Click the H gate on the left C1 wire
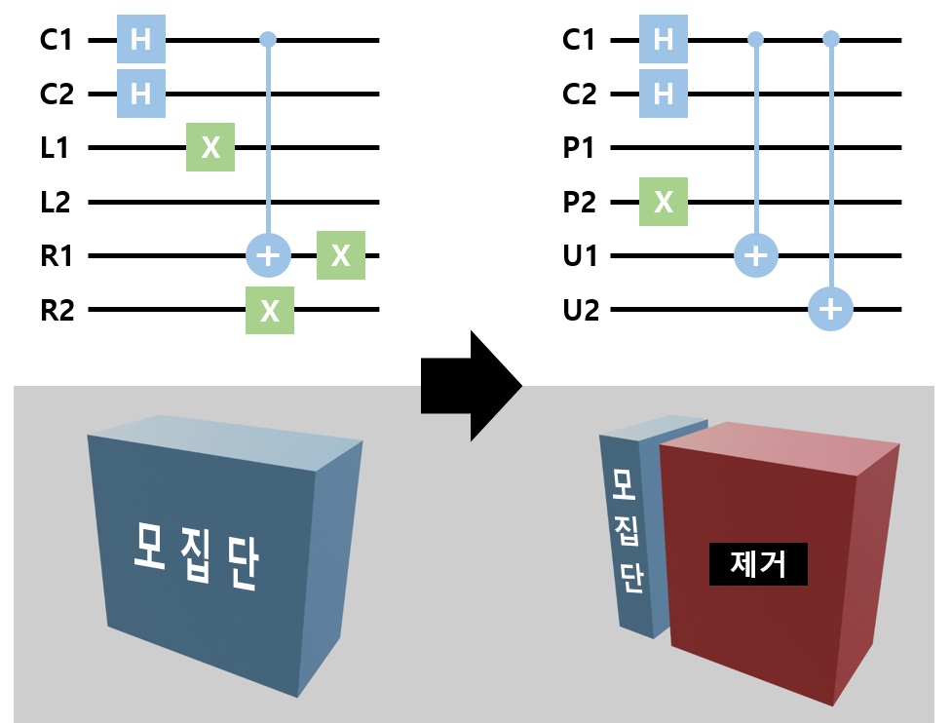[140, 40]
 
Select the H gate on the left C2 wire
[140, 94]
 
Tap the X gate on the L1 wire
[210, 148]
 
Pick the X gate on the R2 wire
[270, 311]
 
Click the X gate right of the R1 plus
[340, 256]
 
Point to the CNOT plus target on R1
[269, 256]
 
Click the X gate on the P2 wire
[664, 203]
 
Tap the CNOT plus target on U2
[831, 311]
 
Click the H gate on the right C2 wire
[664, 94]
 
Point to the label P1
[580, 148]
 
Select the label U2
[580, 311]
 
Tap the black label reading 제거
[758, 563]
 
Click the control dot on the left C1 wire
[269, 40]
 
